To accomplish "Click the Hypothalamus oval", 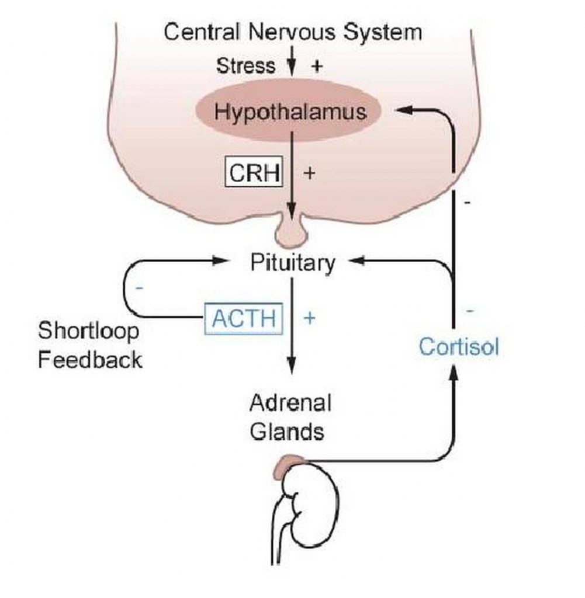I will pos(290,111).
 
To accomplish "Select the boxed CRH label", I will pos(254,173).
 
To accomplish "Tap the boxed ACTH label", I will pos(243,319).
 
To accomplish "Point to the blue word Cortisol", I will pos(459,347).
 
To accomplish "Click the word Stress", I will pos(245,65).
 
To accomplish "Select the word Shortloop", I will pos(89,331).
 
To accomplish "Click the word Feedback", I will pos(90,359).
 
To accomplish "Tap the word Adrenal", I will pos(290,403).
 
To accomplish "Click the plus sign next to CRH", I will pos(309,173).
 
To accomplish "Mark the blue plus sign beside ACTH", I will pos(310,318).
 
